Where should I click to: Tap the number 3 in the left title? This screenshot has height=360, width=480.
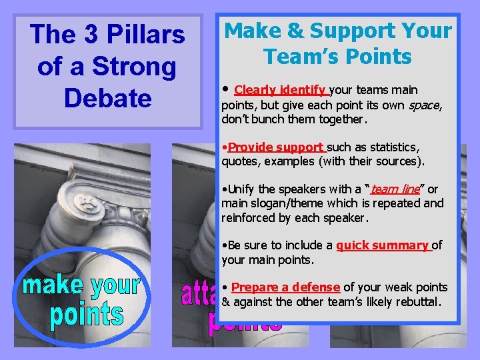tap(90, 35)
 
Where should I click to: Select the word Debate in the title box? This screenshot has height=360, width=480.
tap(107, 99)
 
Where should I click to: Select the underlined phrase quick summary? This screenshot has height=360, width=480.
tap(383, 245)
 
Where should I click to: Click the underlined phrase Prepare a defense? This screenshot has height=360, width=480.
tap(285, 287)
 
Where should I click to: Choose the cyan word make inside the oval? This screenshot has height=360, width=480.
tap(54, 285)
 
